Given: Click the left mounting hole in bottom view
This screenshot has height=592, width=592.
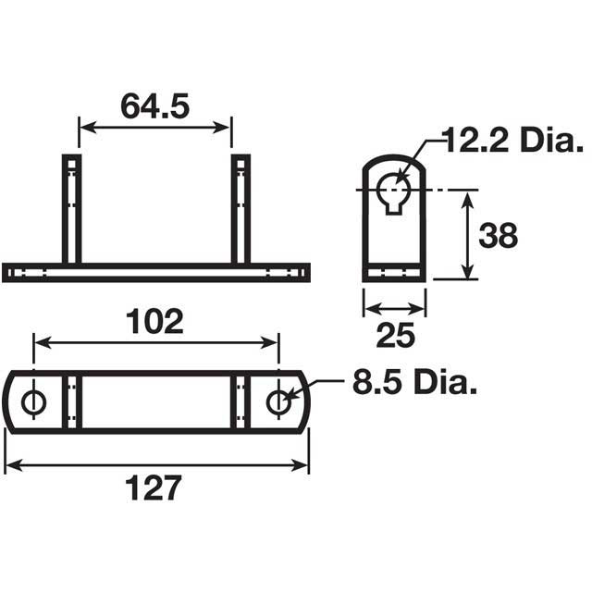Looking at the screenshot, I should click(35, 401).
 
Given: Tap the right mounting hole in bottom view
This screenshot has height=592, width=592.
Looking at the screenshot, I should click(278, 401).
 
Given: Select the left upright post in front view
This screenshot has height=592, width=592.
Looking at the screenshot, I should click(72, 209).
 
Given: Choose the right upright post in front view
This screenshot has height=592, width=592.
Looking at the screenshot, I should click(240, 209).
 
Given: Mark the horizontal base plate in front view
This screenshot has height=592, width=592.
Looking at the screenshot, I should click(155, 273).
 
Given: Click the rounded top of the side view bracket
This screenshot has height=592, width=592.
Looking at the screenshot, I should click(394, 164).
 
